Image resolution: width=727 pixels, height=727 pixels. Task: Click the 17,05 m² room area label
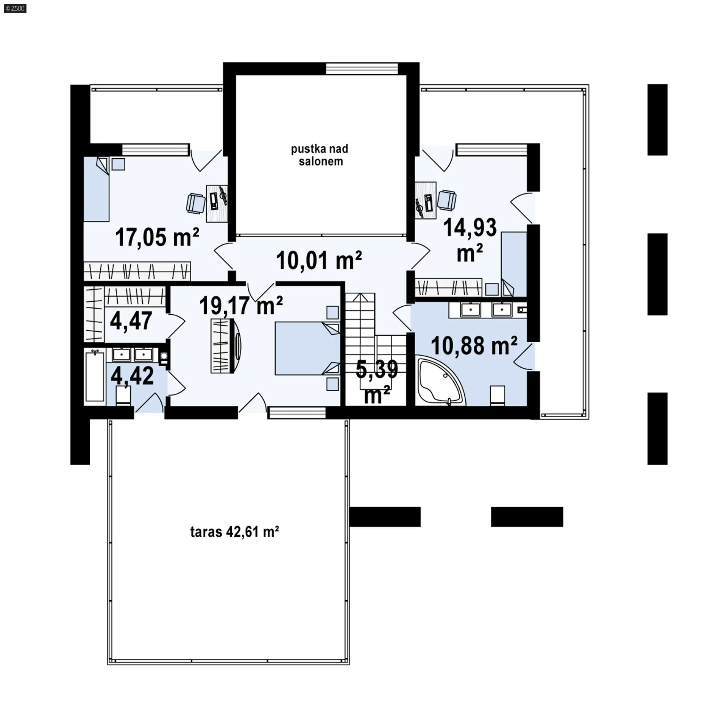coord(157,237)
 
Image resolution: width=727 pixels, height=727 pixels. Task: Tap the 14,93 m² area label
coord(470,240)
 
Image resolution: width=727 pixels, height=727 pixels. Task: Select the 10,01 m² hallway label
coord(319,260)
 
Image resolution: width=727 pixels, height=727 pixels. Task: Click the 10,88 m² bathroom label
coord(474,345)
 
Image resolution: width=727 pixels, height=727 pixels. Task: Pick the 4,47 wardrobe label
coord(131,321)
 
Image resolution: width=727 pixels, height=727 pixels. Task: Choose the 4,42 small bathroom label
coord(132,376)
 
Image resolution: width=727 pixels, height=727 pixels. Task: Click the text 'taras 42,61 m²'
coord(235,532)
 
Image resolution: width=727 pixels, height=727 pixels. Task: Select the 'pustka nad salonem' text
coord(320,155)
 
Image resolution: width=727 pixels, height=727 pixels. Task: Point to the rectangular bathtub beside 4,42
coord(94,375)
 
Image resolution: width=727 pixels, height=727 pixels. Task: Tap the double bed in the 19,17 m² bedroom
coord(307,348)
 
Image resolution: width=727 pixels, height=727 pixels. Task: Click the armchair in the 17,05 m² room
coord(196,203)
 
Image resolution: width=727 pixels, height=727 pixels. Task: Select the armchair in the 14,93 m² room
coord(447,200)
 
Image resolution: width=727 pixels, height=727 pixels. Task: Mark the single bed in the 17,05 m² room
coord(96,189)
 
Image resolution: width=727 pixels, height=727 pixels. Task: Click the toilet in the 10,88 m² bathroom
coord(497,396)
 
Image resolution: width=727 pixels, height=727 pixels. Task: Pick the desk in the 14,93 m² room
coord(426,200)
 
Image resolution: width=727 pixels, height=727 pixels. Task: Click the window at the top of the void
coord(362,69)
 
